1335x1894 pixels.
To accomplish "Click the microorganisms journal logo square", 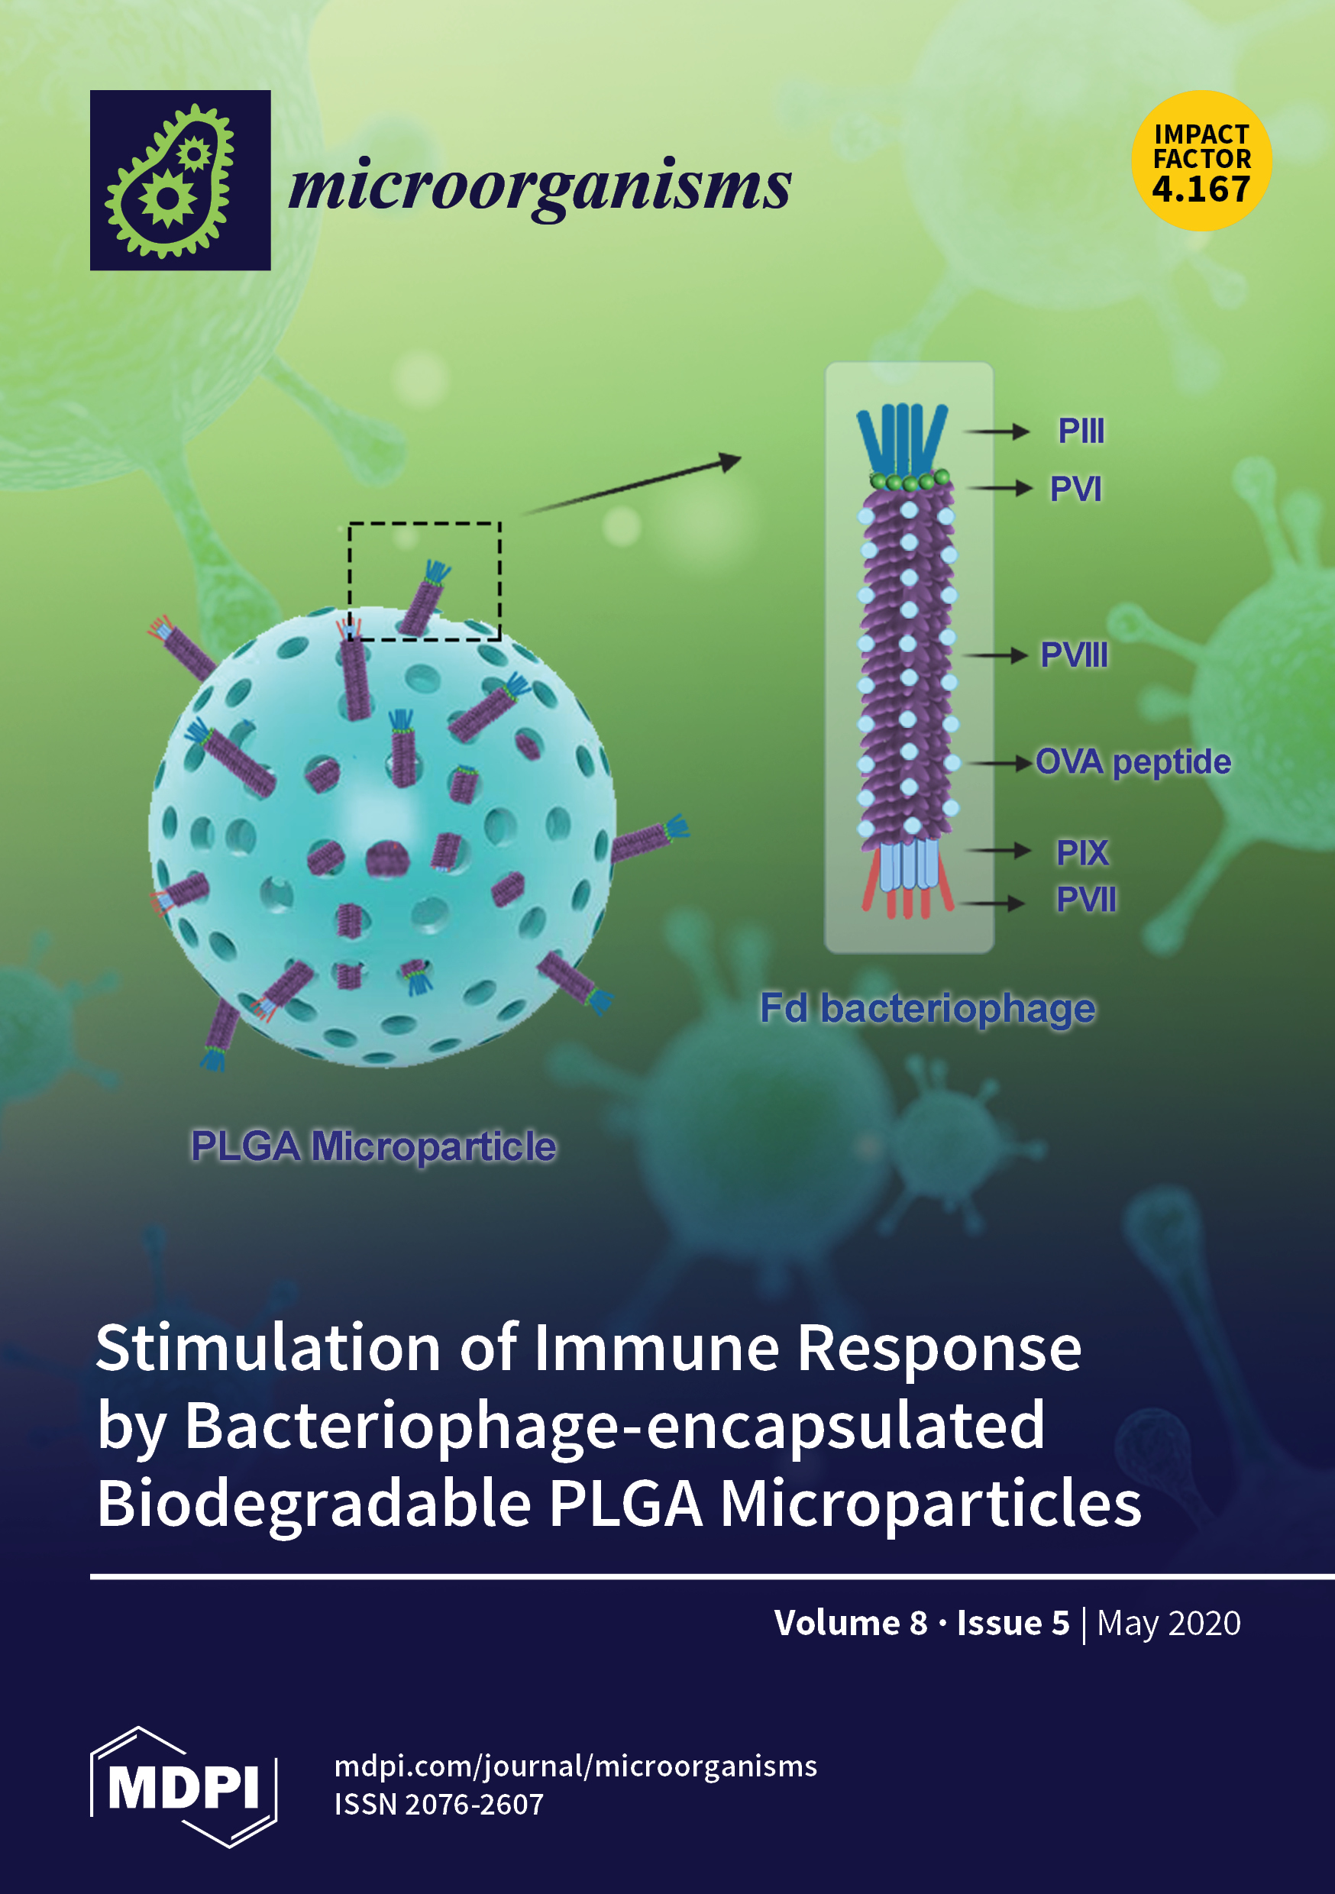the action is click(180, 179).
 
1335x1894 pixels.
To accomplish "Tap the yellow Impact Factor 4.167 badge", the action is click(1201, 160).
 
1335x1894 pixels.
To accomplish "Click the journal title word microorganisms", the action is click(540, 186).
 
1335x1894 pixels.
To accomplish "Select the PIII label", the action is click(1081, 431).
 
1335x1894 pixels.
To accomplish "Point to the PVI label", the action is click(1075, 490).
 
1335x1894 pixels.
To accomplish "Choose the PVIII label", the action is click(1074, 655).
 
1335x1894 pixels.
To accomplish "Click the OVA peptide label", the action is click(1133, 762).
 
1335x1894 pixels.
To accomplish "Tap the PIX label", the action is click(1082, 853).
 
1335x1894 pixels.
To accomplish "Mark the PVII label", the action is click(1086, 899).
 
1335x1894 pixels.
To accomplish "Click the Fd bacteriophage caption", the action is click(927, 1008).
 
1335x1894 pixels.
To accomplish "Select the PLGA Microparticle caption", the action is click(373, 1146).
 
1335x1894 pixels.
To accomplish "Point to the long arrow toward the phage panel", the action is click(631, 485).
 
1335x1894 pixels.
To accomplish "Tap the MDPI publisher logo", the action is click(183, 1787).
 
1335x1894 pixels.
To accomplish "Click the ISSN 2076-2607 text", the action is click(439, 1804).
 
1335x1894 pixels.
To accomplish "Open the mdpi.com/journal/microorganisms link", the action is click(575, 1766).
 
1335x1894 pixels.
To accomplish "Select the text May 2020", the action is click(1169, 1623).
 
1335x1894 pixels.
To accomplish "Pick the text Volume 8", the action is click(851, 1623).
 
